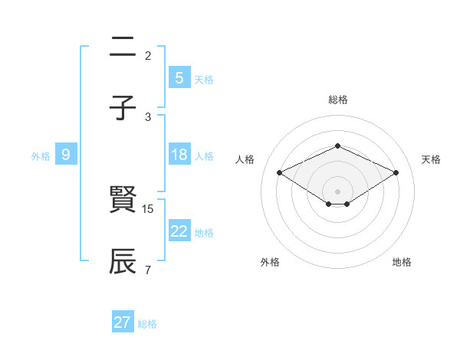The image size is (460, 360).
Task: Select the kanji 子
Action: [x=123, y=108]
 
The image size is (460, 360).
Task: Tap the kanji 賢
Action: [x=123, y=201]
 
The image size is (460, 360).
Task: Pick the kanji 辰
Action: [x=123, y=261]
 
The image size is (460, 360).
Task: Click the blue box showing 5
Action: [x=179, y=78]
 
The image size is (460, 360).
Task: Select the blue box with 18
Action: [x=179, y=155]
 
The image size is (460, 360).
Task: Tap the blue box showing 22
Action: [x=179, y=231]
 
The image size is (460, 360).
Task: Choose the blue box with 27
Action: [x=123, y=322]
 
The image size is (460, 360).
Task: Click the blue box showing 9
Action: [x=66, y=155]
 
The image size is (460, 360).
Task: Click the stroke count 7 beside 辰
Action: [x=148, y=270]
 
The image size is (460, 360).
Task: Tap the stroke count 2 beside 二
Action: [x=148, y=56]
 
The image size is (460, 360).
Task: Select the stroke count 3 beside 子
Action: [x=148, y=116]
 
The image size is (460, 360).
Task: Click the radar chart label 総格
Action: [x=338, y=100]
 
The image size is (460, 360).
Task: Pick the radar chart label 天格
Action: [x=431, y=159]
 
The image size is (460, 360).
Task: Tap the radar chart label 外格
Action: [x=270, y=262]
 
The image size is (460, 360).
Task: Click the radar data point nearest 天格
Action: [x=396, y=172]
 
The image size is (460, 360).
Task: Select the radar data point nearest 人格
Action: [x=280, y=172]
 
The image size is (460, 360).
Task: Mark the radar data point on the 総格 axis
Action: [x=337, y=146]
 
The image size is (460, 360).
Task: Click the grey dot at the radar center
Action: [x=337, y=191]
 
